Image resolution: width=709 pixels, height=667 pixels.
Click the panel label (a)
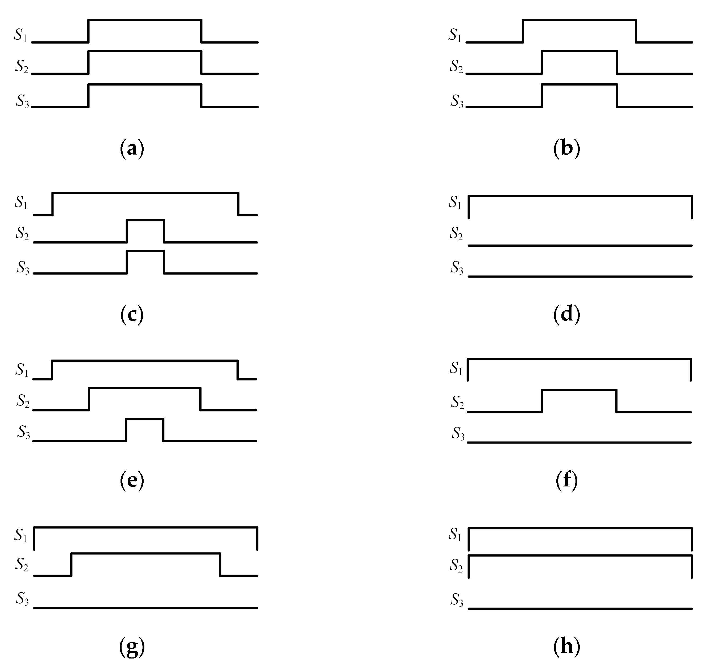tap(132, 148)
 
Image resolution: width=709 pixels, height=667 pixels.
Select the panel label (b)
tap(567, 148)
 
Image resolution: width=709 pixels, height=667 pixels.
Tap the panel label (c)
tap(132, 315)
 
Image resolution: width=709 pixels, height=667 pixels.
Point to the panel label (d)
tap(567, 315)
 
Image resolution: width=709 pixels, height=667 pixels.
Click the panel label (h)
tap(567, 646)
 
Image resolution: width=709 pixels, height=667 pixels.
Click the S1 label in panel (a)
tap(21, 35)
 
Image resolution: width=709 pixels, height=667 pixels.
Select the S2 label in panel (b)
tap(456, 66)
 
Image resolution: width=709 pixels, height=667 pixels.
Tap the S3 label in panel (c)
tap(23, 267)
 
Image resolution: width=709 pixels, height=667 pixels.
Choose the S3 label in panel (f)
tap(458, 434)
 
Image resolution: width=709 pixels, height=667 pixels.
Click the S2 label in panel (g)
tap(22, 565)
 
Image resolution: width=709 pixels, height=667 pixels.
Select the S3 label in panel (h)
tap(457, 600)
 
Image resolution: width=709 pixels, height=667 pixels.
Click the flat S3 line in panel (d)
tap(580, 276)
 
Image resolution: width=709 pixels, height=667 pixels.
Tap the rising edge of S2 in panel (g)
tap(71, 564)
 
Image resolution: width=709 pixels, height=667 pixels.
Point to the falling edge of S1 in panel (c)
tap(238, 204)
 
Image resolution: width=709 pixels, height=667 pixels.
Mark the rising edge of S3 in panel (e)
tap(126, 430)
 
